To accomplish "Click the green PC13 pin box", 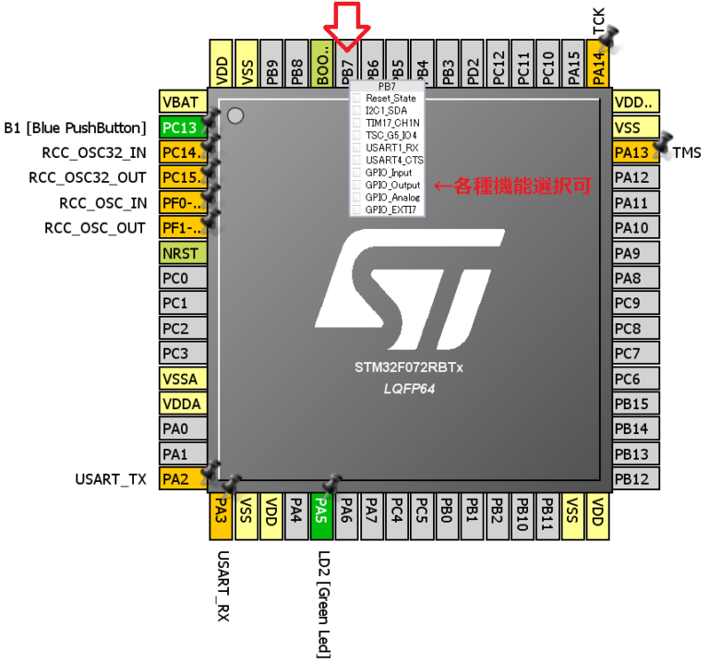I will coord(179,127).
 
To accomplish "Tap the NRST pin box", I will coord(179,252).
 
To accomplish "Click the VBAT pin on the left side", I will coord(179,102).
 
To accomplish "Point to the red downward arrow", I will coord(348,25).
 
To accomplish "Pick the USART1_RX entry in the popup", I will coord(390,148).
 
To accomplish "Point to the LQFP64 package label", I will coord(408,389).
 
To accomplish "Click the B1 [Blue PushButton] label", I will coord(76,127).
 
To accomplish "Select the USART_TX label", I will coord(110,479).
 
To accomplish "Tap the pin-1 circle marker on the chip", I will coord(234,115).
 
